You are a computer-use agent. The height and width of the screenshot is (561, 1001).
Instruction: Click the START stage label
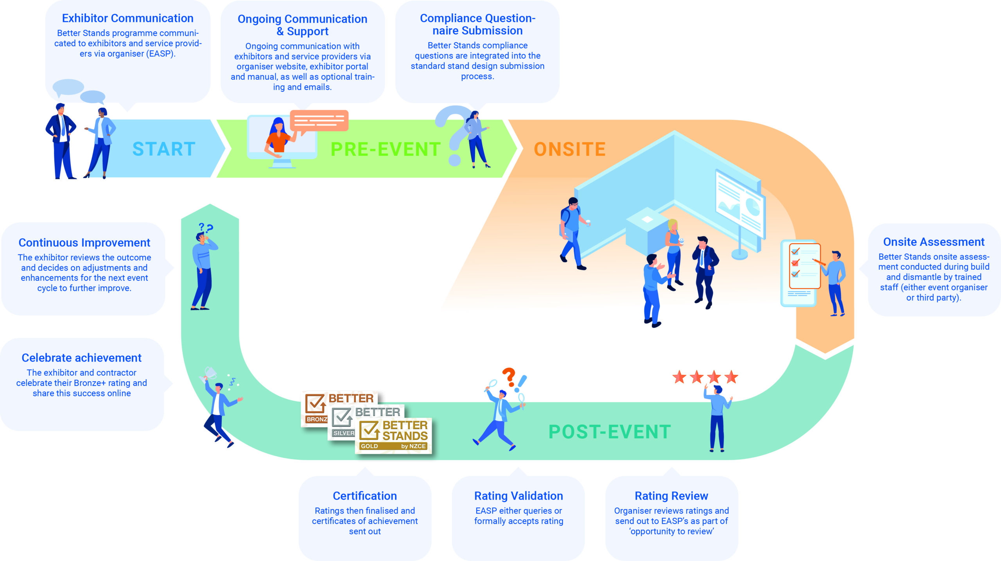pyautogui.click(x=164, y=149)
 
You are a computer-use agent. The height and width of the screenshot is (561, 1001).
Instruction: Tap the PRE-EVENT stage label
pyautogui.click(x=386, y=149)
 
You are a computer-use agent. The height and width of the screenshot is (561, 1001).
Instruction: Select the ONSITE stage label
pyautogui.click(x=570, y=149)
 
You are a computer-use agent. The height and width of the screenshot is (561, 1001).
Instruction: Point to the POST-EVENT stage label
pyautogui.click(x=610, y=432)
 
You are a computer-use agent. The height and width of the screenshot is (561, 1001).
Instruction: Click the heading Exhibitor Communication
pyautogui.click(x=127, y=18)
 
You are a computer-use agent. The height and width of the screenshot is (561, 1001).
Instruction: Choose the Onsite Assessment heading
pyautogui.click(x=933, y=242)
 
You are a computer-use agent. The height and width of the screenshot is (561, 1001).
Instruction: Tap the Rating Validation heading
pyautogui.click(x=518, y=496)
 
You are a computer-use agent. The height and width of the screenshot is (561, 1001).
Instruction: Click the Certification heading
pyautogui.click(x=364, y=496)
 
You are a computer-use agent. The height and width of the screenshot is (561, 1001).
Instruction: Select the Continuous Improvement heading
pyautogui.click(x=84, y=243)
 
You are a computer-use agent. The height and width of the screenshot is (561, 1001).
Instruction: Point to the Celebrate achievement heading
pyautogui.click(x=81, y=358)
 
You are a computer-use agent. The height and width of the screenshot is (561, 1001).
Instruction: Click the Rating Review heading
pyautogui.click(x=671, y=496)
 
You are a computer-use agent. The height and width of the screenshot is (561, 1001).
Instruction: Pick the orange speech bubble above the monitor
pyautogui.click(x=319, y=120)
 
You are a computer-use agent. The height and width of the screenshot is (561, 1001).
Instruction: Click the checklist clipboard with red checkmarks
pyautogui.click(x=804, y=266)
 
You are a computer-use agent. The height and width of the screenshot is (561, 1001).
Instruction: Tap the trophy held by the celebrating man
pyautogui.click(x=210, y=373)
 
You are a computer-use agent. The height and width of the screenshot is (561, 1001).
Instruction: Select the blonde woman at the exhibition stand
pyautogui.click(x=674, y=254)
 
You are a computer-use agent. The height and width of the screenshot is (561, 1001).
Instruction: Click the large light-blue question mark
pyautogui.click(x=454, y=133)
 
